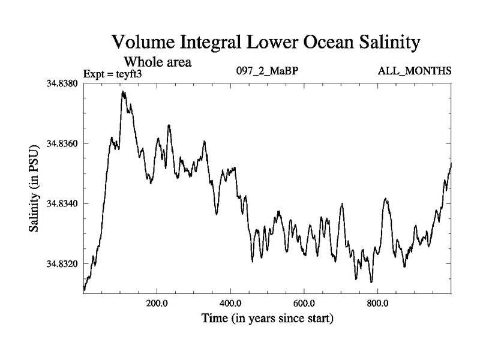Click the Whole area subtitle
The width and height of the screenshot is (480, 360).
[x=157, y=61]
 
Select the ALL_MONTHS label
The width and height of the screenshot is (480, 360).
[x=414, y=72]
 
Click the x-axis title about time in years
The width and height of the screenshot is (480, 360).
[x=267, y=318]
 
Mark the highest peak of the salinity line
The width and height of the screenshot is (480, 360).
[x=123, y=92]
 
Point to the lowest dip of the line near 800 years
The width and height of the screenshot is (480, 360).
[x=371, y=281]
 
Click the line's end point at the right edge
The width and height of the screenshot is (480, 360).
[x=451, y=163]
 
